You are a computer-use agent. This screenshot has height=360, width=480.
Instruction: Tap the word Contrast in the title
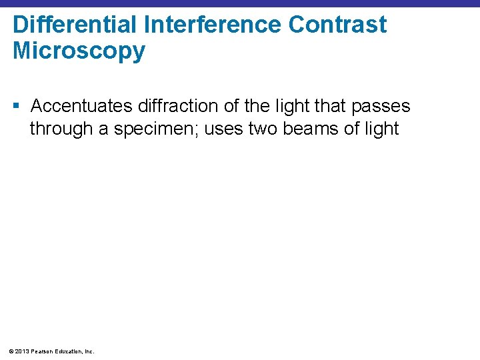click(x=337, y=25)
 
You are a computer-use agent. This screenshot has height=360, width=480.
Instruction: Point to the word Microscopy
click(x=79, y=51)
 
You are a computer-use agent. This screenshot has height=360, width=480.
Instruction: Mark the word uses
click(x=224, y=129)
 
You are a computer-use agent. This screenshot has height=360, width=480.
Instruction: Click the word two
click(x=263, y=129)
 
